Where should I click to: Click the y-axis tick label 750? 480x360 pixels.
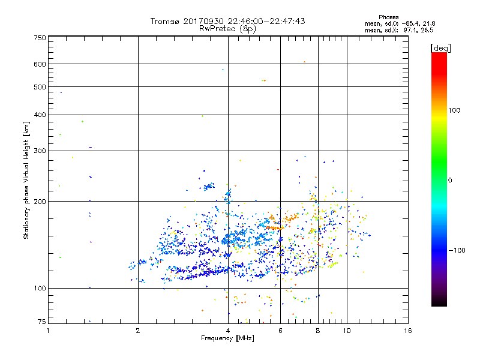tap(40, 38)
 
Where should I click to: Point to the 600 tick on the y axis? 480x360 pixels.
tap(40, 64)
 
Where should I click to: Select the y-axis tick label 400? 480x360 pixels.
tap(40, 115)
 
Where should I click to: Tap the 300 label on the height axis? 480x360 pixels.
tap(40, 151)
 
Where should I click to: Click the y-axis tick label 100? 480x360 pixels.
tap(40, 289)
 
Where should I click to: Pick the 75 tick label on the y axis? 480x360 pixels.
tap(41, 322)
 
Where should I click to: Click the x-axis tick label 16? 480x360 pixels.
tap(408, 331)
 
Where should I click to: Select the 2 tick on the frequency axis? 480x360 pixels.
tap(138, 331)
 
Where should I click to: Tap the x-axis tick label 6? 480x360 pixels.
tap(280, 331)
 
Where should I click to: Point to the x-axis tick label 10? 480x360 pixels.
tap(347, 331)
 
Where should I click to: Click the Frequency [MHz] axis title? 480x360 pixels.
tap(228, 339)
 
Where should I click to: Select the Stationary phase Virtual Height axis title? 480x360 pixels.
tap(26, 180)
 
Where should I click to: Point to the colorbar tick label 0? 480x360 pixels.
tap(451, 180)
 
